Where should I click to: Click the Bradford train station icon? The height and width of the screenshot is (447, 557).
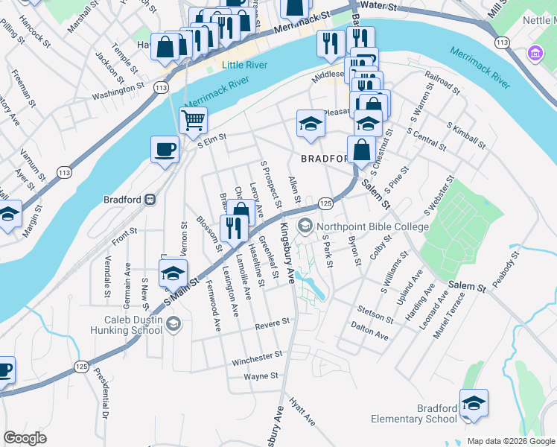pyautogui.click(x=150, y=200)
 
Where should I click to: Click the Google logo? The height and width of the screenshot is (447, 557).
pyautogui.click(x=25, y=438)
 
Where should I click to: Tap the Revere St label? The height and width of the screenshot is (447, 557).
pyautogui.click(x=272, y=323)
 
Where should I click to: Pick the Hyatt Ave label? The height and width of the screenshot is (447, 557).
pyautogui.click(x=303, y=410)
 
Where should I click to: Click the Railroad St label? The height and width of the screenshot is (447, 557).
pyautogui.click(x=442, y=82)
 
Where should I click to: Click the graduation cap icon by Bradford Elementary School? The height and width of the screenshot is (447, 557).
pyautogui.click(x=474, y=403)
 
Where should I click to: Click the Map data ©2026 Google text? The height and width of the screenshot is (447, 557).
pyautogui.click(x=511, y=441)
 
